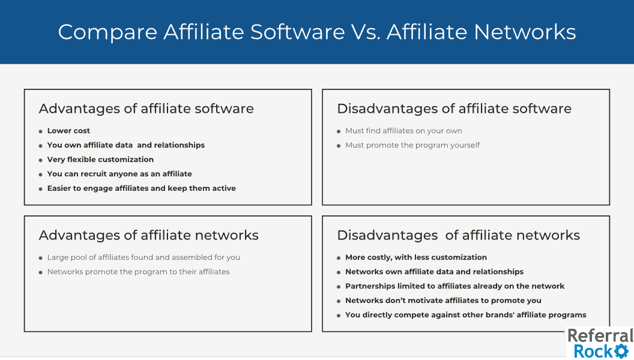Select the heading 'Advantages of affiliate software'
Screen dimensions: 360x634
click(146, 109)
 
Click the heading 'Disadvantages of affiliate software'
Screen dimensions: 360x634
click(454, 109)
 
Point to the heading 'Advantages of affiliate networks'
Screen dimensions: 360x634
click(148, 235)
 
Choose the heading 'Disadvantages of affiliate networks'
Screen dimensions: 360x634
click(458, 235)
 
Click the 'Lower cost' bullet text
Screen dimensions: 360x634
click(68, 131)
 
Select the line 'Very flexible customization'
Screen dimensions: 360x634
click(100, 160)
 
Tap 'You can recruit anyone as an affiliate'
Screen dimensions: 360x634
click(119, 174)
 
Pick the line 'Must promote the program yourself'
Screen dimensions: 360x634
click(412, 145)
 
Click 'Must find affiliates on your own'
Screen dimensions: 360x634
click(403, 131)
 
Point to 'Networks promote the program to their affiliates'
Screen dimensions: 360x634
click(138, 272)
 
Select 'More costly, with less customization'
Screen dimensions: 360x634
click(416, 257)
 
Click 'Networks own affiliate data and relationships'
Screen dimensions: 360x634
click(434, 272)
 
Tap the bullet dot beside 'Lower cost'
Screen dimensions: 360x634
click(40, 131)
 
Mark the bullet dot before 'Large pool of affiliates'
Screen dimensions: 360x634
click(40, 258)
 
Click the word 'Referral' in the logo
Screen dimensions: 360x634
click(600, 336)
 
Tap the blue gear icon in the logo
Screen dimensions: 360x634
click(621, 351)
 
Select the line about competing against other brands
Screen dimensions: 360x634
click(465, 315)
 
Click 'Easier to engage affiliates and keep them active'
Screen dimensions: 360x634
click(141, 188)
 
